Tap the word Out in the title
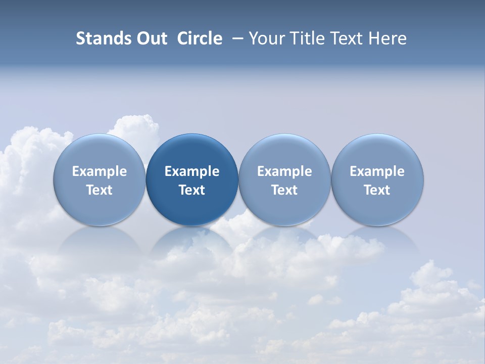[150, 38]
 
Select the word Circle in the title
[200, 38]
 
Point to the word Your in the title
[266, 38]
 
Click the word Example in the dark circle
[192, 171]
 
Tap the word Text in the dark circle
[192, 190]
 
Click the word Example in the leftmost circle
[100, 171]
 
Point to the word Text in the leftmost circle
[100, 190]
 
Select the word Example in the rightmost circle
[377, 171]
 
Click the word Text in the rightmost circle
[377, 190]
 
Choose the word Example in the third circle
[284, 171]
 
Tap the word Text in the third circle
[284, 190]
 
